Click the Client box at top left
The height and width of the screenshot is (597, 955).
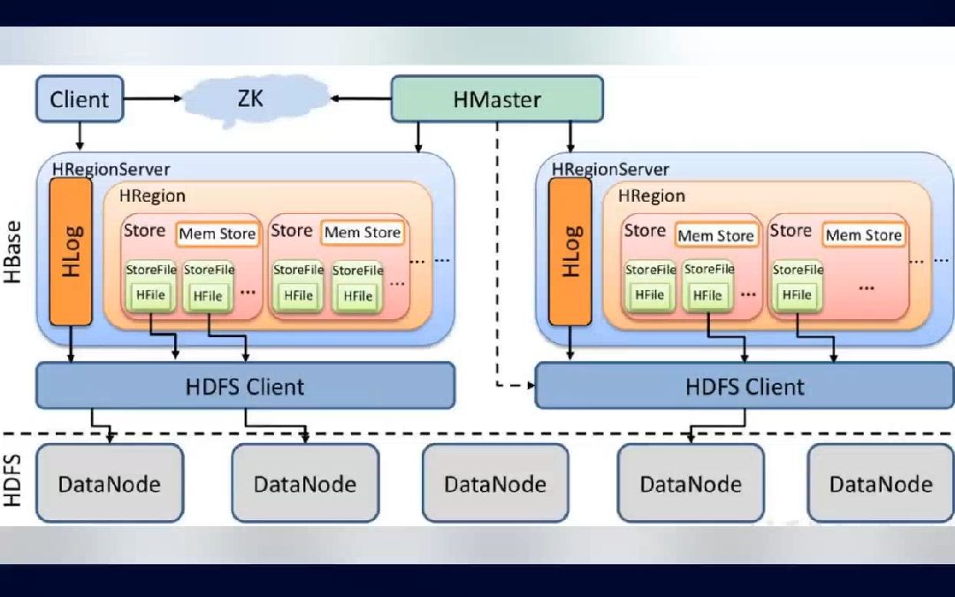point(80,99)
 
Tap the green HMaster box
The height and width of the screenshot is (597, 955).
point(497,99)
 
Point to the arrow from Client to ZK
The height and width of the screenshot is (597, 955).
point(153,98)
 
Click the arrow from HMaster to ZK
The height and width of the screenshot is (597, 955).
point(361,98)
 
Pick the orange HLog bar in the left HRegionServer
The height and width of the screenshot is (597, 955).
point(71,251)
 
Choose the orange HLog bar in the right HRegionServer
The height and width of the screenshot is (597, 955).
point(570,251)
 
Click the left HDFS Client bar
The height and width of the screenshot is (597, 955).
point(246,386)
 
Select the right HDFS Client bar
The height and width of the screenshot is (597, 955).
point(745,386)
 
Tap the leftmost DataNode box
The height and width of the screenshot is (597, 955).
point(110,483)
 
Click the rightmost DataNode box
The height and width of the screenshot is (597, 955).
point(881,483)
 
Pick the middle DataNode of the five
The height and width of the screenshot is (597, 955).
point(495,483)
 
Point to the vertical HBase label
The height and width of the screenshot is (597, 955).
point(12,251)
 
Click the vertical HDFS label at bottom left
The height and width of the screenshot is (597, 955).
point(12,480)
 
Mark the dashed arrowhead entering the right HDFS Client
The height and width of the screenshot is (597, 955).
point(531,385)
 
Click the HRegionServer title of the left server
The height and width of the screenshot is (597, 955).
point(111,169)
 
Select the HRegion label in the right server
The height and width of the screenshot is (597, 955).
point(652,195)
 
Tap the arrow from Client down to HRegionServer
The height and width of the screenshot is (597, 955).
point(80,136)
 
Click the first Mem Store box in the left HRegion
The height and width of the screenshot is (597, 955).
point(218,233)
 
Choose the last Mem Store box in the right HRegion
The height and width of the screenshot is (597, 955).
point(864,235)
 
